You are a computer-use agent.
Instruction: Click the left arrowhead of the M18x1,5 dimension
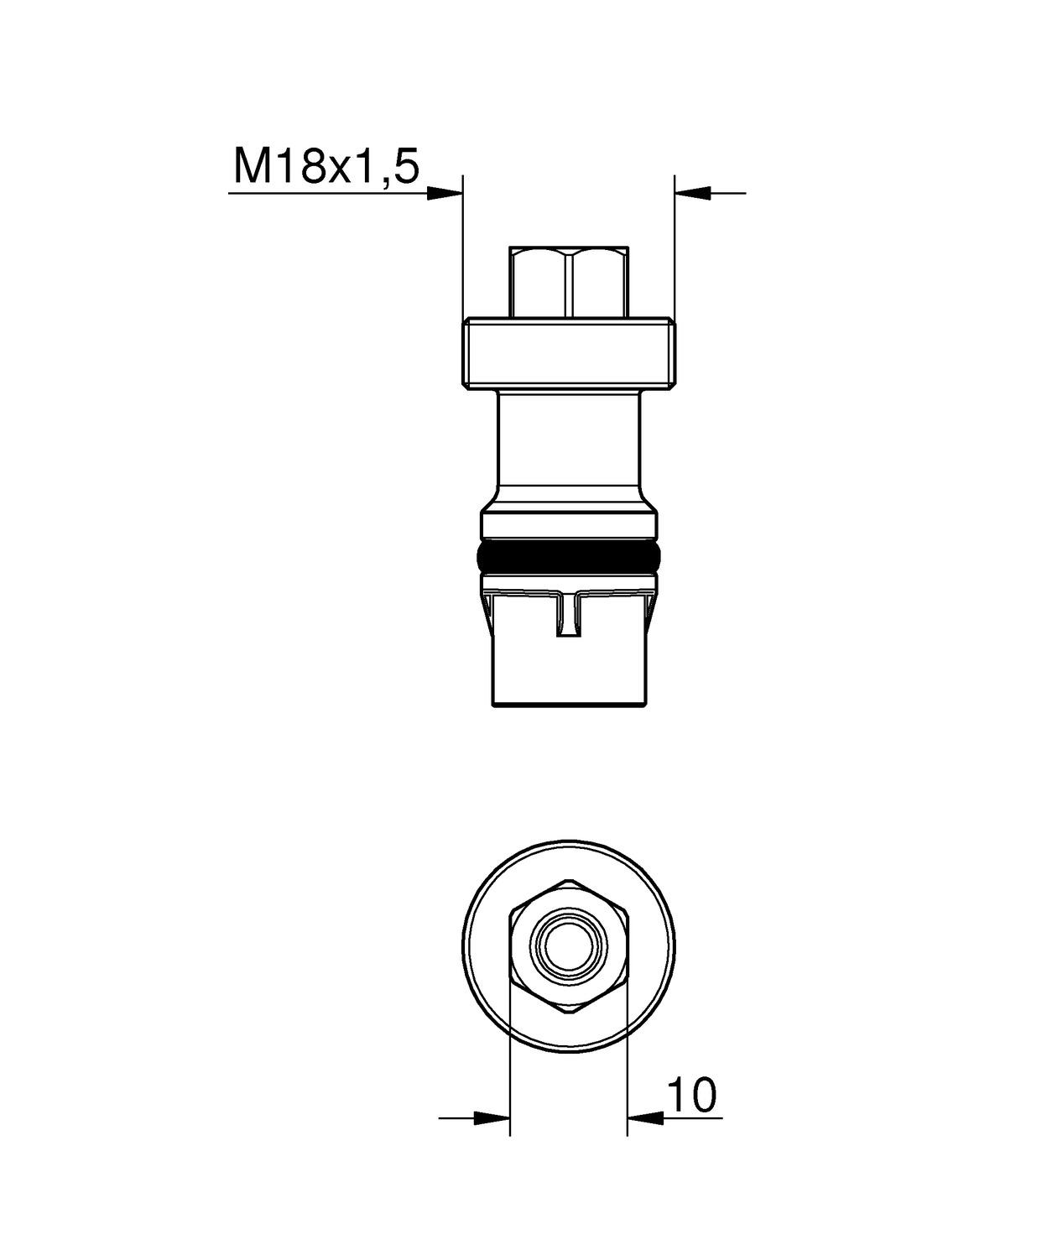445,194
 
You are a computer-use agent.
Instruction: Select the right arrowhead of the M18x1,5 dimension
693,194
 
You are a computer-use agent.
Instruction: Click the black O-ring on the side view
569,556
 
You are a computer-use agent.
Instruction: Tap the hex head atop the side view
569,282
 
